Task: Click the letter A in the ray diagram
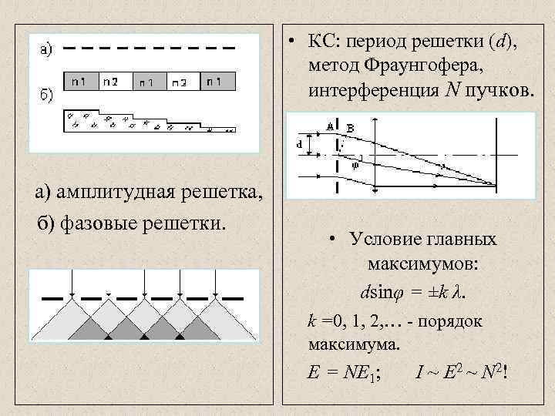pyautogui.click(x=330, y=125)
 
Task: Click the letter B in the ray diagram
pyautogui.click(x=351, y=128)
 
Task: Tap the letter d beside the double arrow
pyautogui.click(x=301, y=143)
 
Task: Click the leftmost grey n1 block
pyautogui.click(x=79, y=81)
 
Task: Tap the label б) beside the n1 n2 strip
pyautogui.click(x=45, y=95)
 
